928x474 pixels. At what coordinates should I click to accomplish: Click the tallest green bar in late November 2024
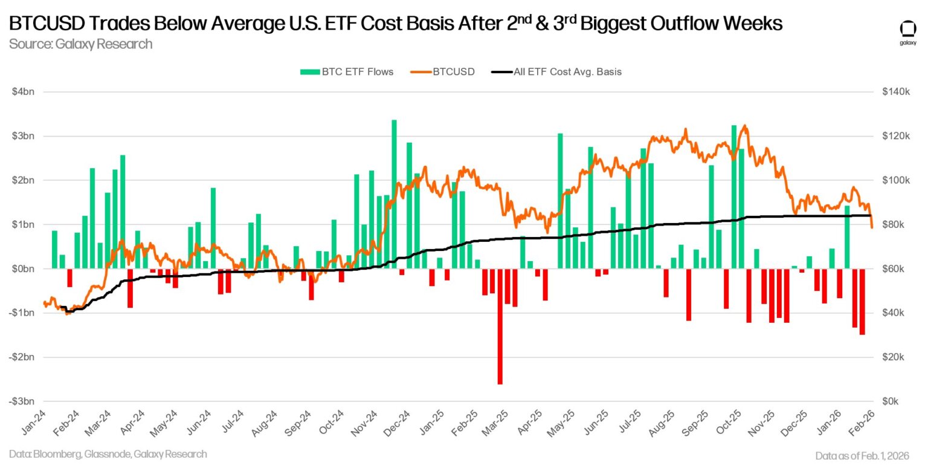pyautogui.click(x=394, y=193)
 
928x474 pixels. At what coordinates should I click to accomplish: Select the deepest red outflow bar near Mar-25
pyautogui.click(x=500, y=326)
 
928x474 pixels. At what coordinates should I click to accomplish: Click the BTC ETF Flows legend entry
pyautogui.click(x=347, y=71)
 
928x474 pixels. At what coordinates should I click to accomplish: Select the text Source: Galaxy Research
pyautogui.click(x=80, y=44)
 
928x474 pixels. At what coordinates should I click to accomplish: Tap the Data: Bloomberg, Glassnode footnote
pyautogui.click(x=108, y=454)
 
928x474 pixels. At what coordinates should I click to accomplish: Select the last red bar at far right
pyautogui.click(x=862, y=301)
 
